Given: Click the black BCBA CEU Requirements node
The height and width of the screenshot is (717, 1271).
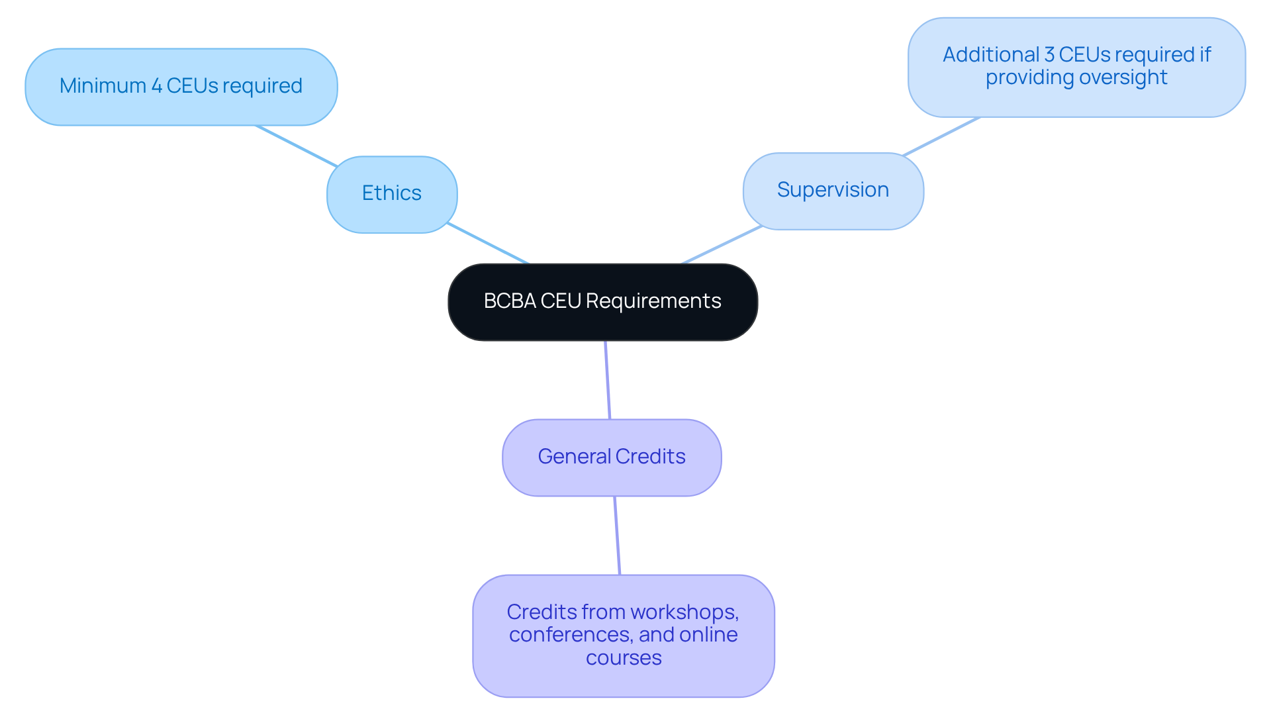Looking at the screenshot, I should click(x=602, y=303).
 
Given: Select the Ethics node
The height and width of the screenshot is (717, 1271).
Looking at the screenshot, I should click(x=392, y=194).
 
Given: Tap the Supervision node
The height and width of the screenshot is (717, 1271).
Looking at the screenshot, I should click(x=833, y=191).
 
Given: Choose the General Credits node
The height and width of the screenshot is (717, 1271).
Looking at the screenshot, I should click(x=612, y=457).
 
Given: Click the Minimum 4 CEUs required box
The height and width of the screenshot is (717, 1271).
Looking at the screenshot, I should click(x=181, y=87).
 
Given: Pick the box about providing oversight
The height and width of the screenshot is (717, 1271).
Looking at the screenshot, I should click(x=1076, y=68).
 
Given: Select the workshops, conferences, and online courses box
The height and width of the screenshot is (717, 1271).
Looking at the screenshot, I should click(x=624, y=636).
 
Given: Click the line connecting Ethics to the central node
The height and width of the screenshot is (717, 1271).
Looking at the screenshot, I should click(x=488, y=244).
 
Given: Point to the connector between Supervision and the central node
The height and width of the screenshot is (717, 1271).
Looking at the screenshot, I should click(x=722, y=245).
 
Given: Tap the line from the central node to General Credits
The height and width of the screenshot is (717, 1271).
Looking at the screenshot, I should click(x=608, y=380).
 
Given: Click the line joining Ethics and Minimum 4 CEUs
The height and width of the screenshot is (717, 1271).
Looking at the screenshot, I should click(x=297, y=146).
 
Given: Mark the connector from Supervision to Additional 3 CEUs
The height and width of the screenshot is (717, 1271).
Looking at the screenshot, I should click(x=941, y=137).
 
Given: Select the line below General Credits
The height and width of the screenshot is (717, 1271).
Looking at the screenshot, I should click(x=617, y=535).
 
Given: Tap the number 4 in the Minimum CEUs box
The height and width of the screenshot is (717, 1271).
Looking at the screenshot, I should click(x=157, y=86).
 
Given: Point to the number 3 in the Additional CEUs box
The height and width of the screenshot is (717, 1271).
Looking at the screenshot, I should click(x=1049, y=55).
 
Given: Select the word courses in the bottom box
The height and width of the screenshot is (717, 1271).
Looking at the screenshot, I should click(x=624, y=658).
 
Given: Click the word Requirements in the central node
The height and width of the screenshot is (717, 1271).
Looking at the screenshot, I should click(x=653, y=301).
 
